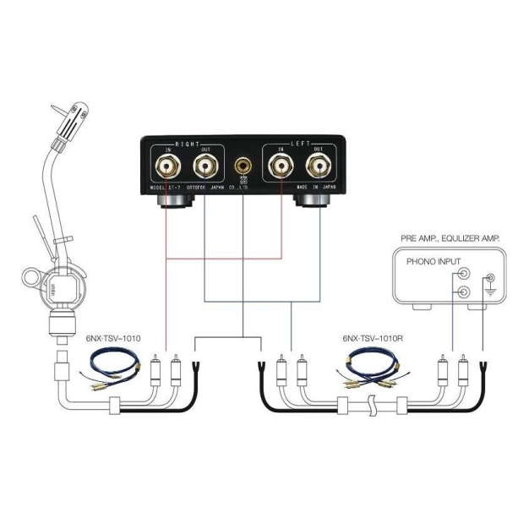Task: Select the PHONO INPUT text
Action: click(431, 261)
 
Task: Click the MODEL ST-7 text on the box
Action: click(167, 188)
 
